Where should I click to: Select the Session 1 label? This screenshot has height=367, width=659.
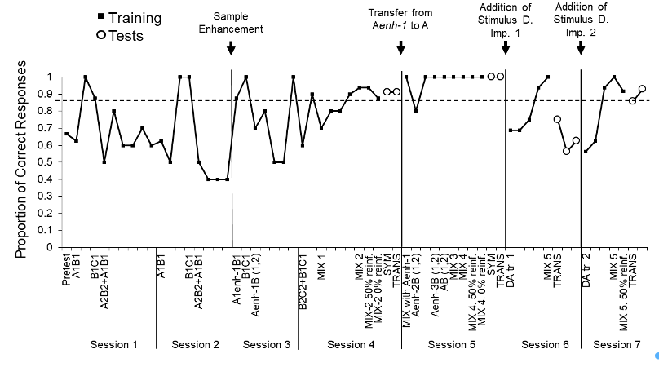pyautogui.click(x=113, y=345)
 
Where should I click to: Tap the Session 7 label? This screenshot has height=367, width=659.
pyautogui.click(x=617, y=345)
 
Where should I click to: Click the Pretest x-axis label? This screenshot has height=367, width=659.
pyautogui.click(x=66, y=272)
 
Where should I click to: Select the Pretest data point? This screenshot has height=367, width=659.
pyautogui.click(x=66, y=133)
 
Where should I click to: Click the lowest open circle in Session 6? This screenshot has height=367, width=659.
pyautogui.click(x=566, y=151)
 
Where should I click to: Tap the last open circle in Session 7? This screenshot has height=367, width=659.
pyautogui.click(x=642, y=89)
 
